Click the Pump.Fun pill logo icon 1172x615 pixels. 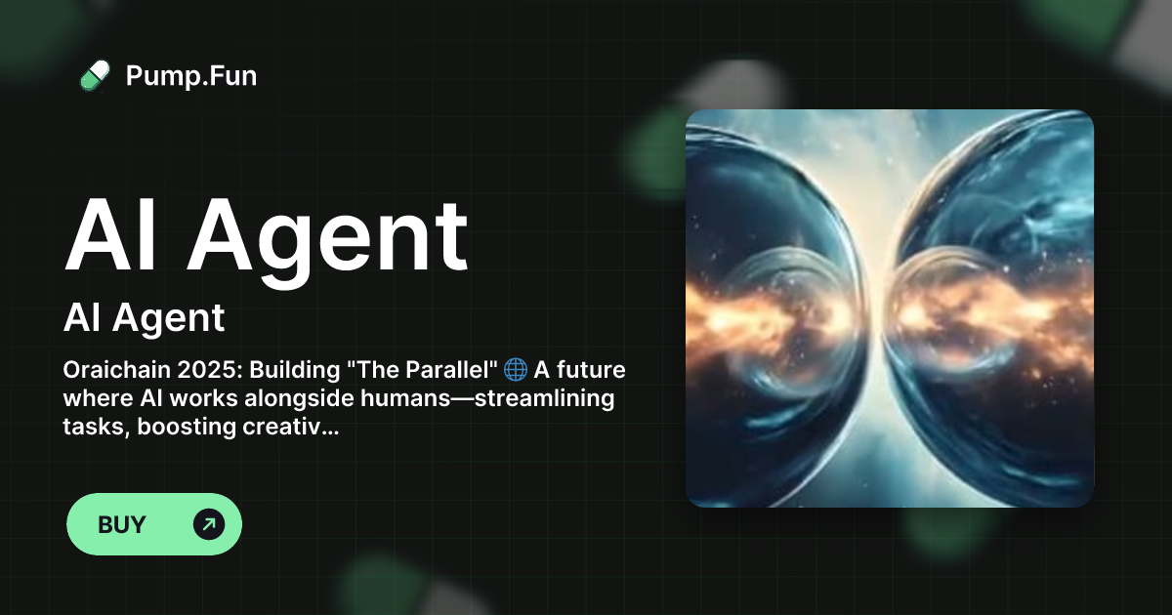tap(95, 75)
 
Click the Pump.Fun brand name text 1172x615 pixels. tap(191, 75)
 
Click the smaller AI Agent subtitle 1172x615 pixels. tap(145, 317)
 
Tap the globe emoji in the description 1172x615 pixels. tap(516, 371)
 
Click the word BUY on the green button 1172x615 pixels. tap(122, 524)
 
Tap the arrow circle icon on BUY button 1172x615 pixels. tap(209, 524)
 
